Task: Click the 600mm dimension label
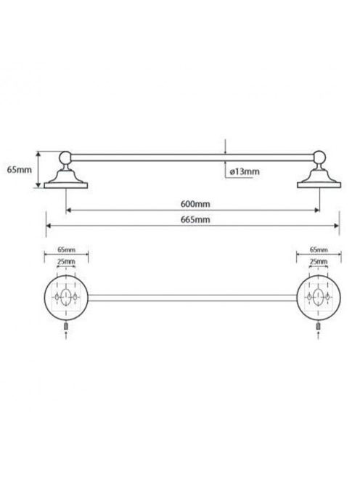(x=195, y=204)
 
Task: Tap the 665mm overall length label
(x=195, y=219)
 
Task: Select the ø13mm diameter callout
(x=245, y=171)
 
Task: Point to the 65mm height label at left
(x=20, y=169)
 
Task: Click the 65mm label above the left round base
(x=66, y=250)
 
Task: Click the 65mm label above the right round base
(x=319, y=250)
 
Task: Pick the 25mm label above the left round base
(x=66, y=261)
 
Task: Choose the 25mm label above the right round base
(x=319, y=261)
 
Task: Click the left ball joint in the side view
(x=65, y=158)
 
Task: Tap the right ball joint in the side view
(x=319, y=157)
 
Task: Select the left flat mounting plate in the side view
(x=66, y=185)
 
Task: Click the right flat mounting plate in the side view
(x=319, y=185)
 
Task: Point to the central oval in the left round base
(x=66, y=297)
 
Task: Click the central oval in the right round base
(x=319, y=297)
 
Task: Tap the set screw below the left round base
(x=66, y=326)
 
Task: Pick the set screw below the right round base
(x=319, y=326)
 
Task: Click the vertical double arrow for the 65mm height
(x=38, y=169)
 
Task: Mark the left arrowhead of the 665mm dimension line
(x=49, y=226)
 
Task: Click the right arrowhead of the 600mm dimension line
(x=317, y=211)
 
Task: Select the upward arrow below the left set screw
(x=66, y=335)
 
